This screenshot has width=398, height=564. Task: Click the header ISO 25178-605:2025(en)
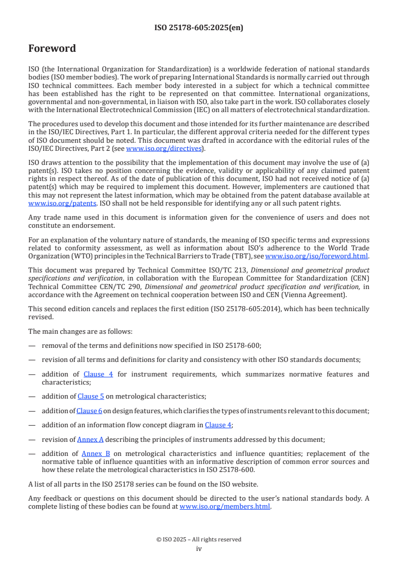[x=199, y=28]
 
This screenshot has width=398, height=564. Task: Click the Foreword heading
[x=52, y=49]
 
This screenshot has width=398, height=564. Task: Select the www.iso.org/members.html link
[x=225, y=507]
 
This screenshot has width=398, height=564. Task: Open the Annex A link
[x=90, y=439]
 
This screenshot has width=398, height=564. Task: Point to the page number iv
[x=199, y=549]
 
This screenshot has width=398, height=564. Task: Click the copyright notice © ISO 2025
[x=199, y=539]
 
